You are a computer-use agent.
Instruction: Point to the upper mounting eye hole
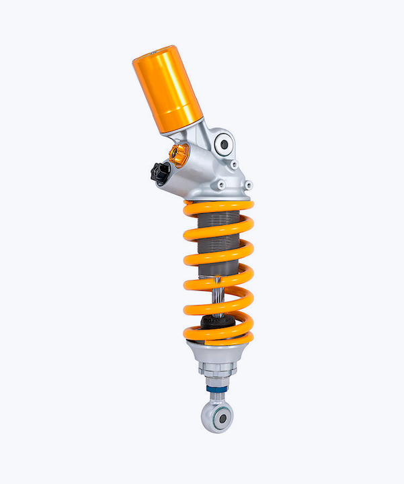[x=225, y=144]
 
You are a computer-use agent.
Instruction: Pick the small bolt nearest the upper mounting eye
[x=233, y=164]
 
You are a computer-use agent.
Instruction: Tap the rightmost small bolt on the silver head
[x=248, y=185]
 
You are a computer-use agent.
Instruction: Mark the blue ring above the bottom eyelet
[x=217, y=389]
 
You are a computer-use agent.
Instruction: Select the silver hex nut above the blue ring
[x=217, y=380]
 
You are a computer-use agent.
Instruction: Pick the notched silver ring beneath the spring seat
[x=216, y=368]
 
